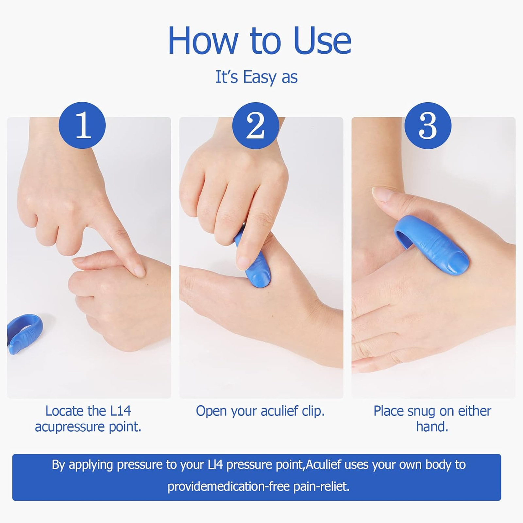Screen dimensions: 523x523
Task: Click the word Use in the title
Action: (x=322, y=41)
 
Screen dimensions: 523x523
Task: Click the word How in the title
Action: (x=203, y=41)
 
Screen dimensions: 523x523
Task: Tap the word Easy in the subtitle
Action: (x=260, y=77)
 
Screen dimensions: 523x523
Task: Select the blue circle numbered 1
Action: (x=82, y=126)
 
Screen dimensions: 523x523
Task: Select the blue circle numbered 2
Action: (x=255, y=126)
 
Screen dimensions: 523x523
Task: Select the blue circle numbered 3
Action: (x=428, y=126)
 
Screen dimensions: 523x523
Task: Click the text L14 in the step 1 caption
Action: (x=120, y=411)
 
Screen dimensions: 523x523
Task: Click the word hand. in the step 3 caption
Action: (x=432, y=427)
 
